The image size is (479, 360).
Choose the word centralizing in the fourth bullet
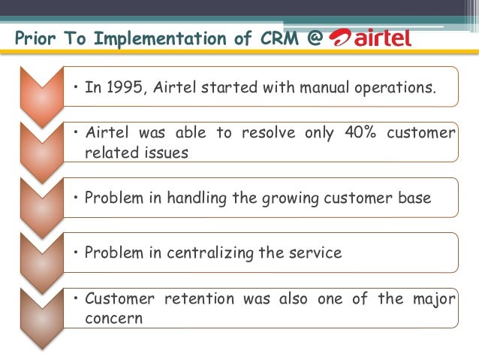coord(197,253)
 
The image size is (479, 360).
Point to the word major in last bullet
coord(433,298)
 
